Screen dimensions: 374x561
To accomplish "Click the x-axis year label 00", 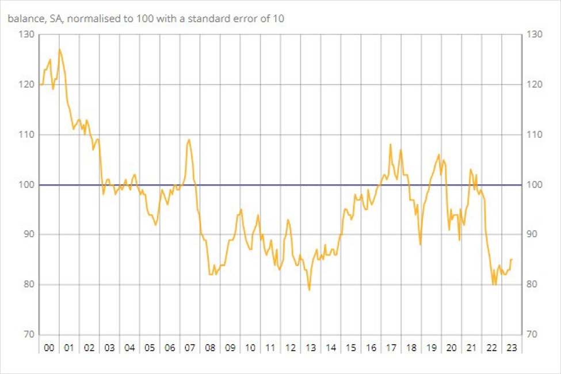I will coord(48,348).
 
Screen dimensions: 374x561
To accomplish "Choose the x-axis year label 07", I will coord(189,348).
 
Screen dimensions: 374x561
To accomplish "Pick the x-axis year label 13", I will coord(310,348).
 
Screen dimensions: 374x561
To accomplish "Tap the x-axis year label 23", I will coord(510,348).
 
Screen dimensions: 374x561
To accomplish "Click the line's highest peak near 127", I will coord(59,49).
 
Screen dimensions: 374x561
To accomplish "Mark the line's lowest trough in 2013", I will coord(310,290).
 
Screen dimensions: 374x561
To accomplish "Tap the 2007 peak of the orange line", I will coord(189,140).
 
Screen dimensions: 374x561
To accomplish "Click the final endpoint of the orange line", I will coord(512,260).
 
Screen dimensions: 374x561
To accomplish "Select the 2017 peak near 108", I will coord(391,144).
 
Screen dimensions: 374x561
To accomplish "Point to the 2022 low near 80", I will coord(494,284).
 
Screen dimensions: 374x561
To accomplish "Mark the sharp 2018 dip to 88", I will coord(421,244).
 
